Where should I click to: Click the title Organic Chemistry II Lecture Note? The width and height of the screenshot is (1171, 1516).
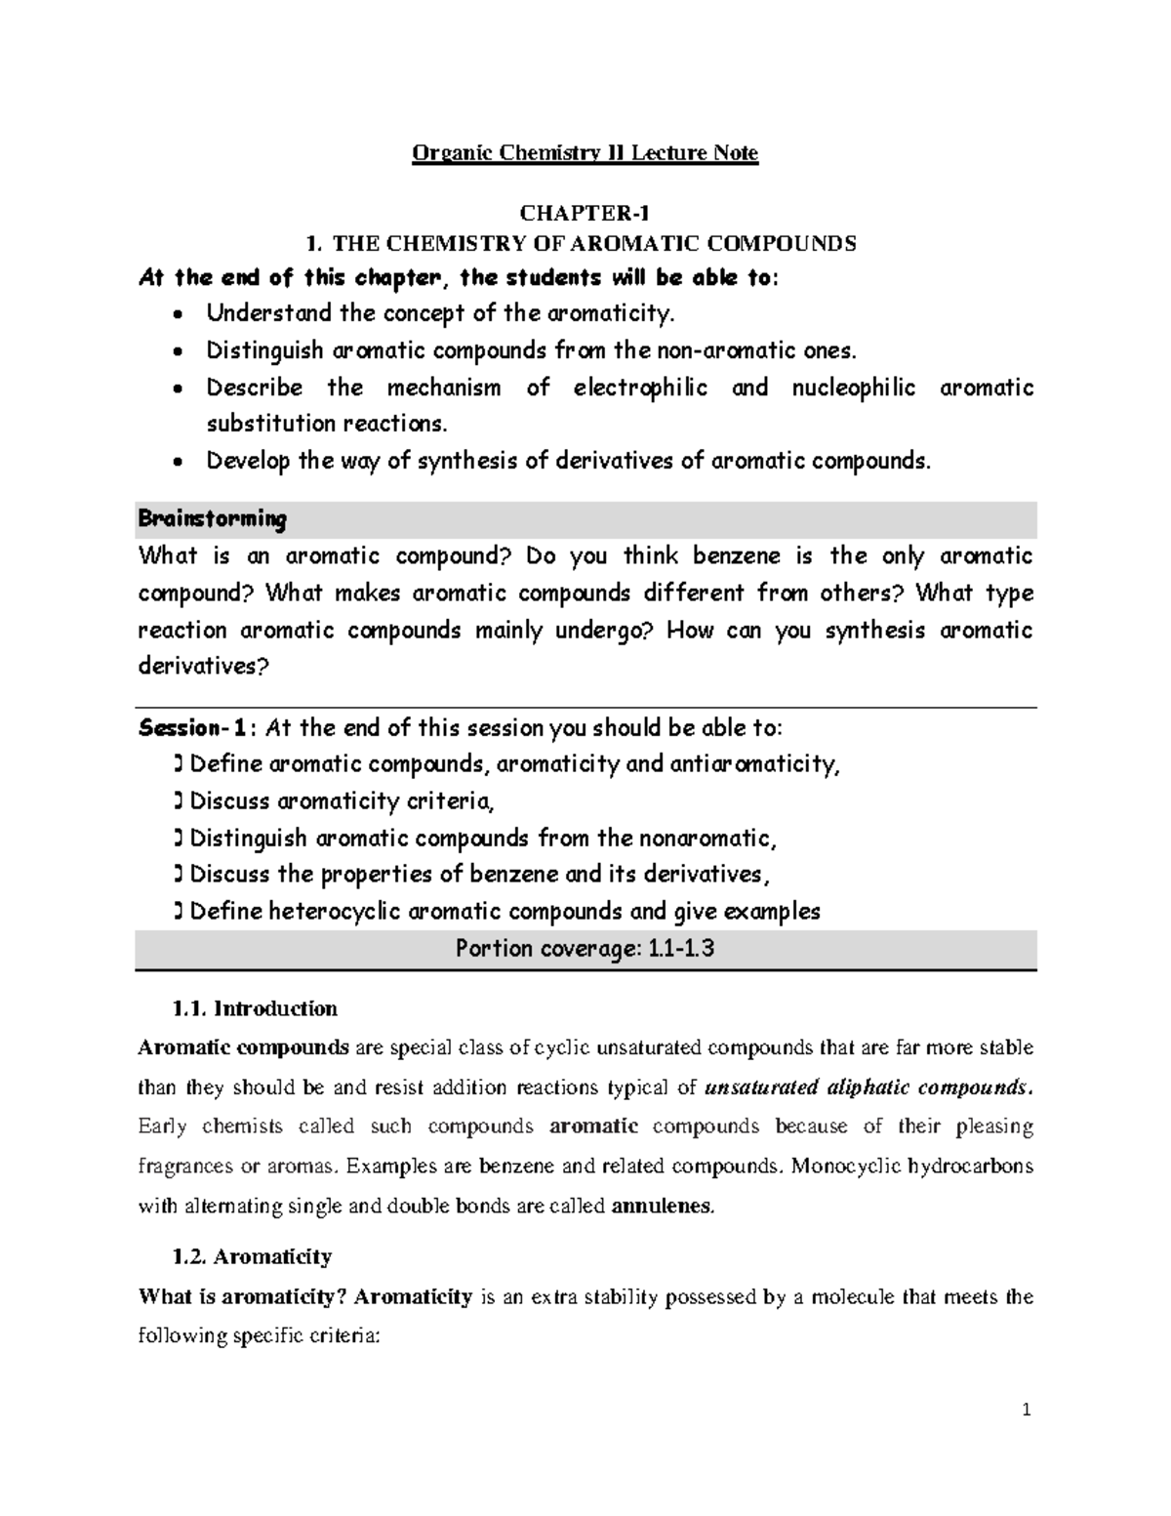click(x=585, y=153)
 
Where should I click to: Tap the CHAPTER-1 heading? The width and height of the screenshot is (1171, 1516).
click(x=585, y=214)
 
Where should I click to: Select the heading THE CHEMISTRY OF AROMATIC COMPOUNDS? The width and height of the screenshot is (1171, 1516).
click(x=593, y=244)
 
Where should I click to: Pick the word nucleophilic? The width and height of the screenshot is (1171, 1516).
click(x=853, y=388)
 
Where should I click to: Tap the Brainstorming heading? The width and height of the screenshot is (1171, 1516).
click(x=213, y=518)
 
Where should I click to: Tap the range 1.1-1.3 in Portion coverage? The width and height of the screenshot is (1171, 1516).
click(x=681, y=949)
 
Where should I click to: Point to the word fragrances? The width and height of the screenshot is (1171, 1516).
click(x=186, y=1167)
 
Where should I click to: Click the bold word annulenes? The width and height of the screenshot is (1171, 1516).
click(x=662, y=1206)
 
